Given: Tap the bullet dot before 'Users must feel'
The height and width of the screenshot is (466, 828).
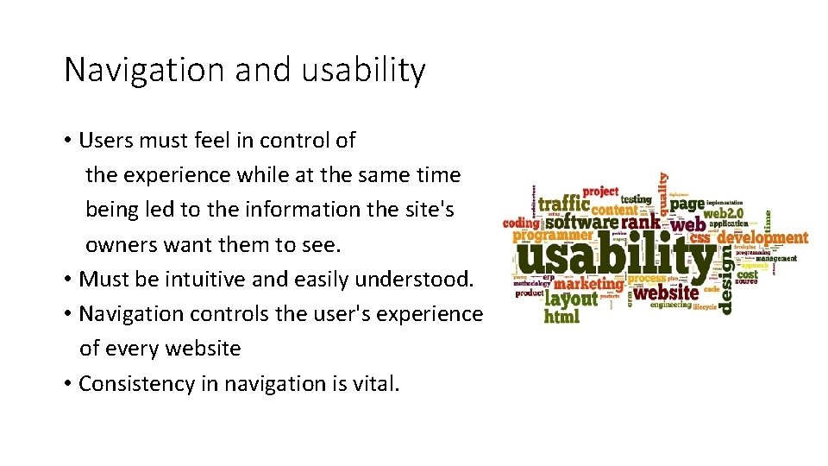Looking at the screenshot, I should pos(67,141).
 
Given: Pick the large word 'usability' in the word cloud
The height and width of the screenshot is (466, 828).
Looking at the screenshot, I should pos(616,256).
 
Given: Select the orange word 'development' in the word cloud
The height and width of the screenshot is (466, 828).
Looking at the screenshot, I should pos(762,237).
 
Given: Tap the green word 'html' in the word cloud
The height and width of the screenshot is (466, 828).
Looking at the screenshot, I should pos(561,317).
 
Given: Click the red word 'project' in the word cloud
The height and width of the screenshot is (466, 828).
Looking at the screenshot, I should pos(600,192).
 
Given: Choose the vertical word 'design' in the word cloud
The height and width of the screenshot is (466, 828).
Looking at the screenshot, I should pos(726,278).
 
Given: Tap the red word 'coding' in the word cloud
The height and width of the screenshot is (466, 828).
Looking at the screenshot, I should pos(521,223).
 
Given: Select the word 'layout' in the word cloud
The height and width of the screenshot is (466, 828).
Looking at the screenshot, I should pos(571,299).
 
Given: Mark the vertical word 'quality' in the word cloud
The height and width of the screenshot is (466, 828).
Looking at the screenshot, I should pos(662,192).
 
